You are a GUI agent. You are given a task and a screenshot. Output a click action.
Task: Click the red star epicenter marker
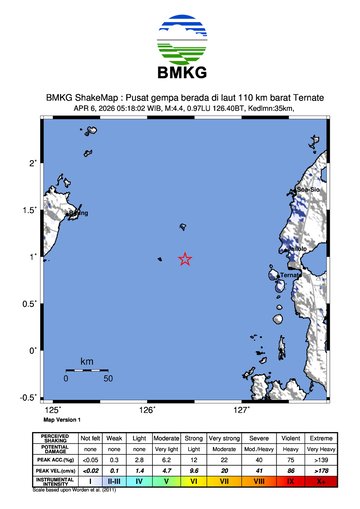185,259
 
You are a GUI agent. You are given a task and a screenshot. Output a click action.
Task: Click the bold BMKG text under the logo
180,75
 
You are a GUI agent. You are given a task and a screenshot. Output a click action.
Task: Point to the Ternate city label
291,274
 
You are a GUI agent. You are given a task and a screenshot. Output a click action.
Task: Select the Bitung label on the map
77,212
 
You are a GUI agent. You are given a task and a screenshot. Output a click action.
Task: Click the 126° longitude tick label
147,410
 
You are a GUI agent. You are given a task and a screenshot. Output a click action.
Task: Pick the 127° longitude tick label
241,410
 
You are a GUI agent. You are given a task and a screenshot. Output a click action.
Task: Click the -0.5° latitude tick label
29,397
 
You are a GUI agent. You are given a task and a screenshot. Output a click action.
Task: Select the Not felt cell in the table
91,438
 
